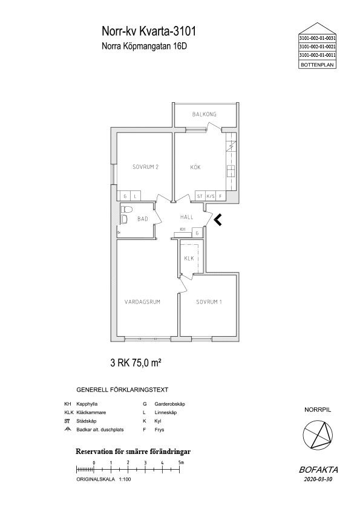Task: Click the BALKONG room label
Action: (204, 114)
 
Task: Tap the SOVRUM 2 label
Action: (145, 167)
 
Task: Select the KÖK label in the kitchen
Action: (195, 167)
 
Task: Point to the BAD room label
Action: (142, 219)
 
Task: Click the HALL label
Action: (187, 217)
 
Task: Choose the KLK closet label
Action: (189, 258)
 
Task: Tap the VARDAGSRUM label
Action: (142, 302)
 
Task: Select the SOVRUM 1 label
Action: (209, 302)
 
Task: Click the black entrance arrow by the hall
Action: (218, 220)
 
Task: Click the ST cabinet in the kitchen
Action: (200, 196)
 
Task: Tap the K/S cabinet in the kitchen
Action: (211, 196)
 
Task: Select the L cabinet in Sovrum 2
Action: (135, 196)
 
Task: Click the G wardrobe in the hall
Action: (197, 233)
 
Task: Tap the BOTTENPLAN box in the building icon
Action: (317, 65)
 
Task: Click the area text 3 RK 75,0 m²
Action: (136, 363)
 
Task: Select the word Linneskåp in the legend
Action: (166, 413)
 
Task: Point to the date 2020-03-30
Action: (318, 479)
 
